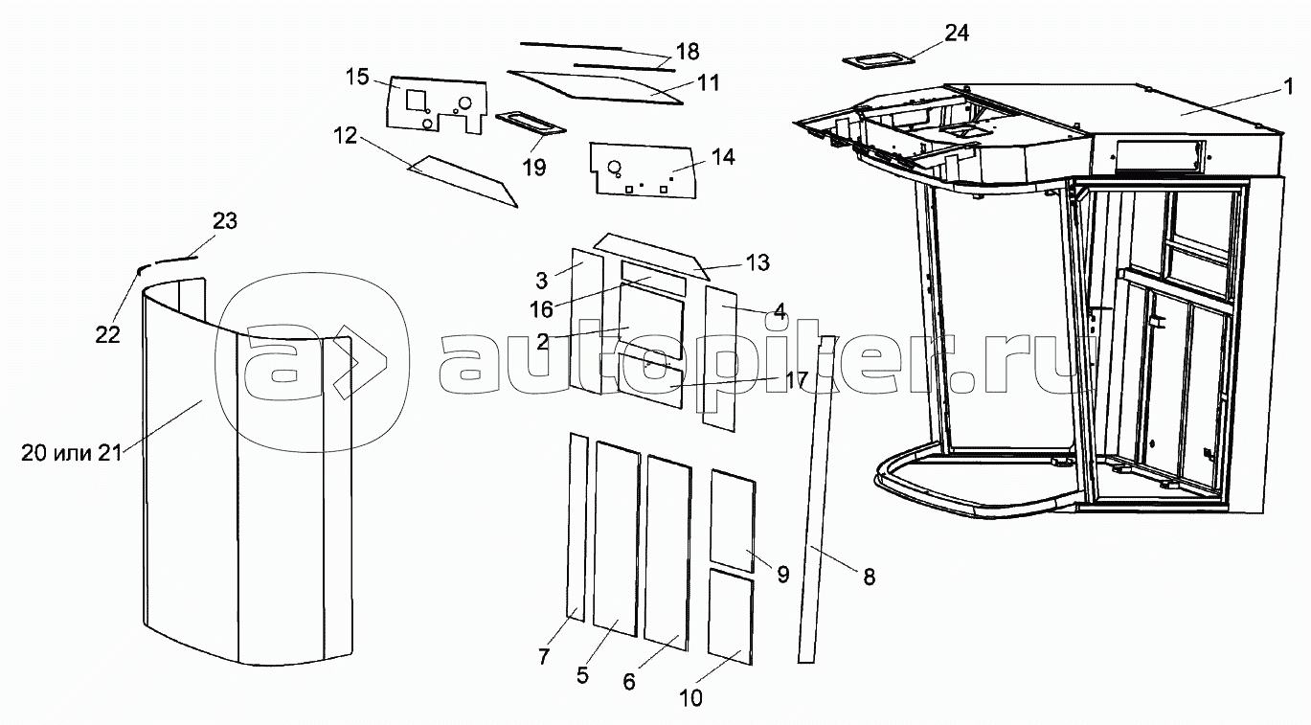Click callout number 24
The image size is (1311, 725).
click(957, 33)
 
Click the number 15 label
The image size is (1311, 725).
click(357, 78)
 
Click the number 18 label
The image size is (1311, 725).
click(687, 52)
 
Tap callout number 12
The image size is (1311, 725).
click(346, 137)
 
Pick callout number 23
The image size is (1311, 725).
click(225, 221)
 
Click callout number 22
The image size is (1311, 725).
click(107, 333)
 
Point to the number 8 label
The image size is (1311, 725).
click(868, 577)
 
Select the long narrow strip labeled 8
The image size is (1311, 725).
click(815, 498)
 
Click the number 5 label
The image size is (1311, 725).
click(582, 674)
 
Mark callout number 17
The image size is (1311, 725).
click(796, 379)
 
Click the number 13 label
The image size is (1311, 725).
click(758, 261)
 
